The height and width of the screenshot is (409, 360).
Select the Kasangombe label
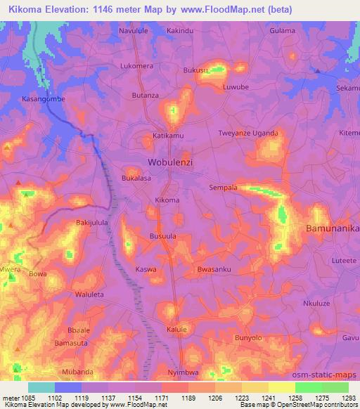click(44, 99)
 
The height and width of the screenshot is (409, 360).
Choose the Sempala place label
click(224, 188)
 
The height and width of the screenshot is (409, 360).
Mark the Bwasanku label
click(214, 269)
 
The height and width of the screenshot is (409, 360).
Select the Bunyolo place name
click(248, 339)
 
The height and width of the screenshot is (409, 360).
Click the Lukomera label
click(137, 65)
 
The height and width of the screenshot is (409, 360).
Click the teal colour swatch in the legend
click(41, 387)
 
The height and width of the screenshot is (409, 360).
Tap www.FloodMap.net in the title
click(217, 9)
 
